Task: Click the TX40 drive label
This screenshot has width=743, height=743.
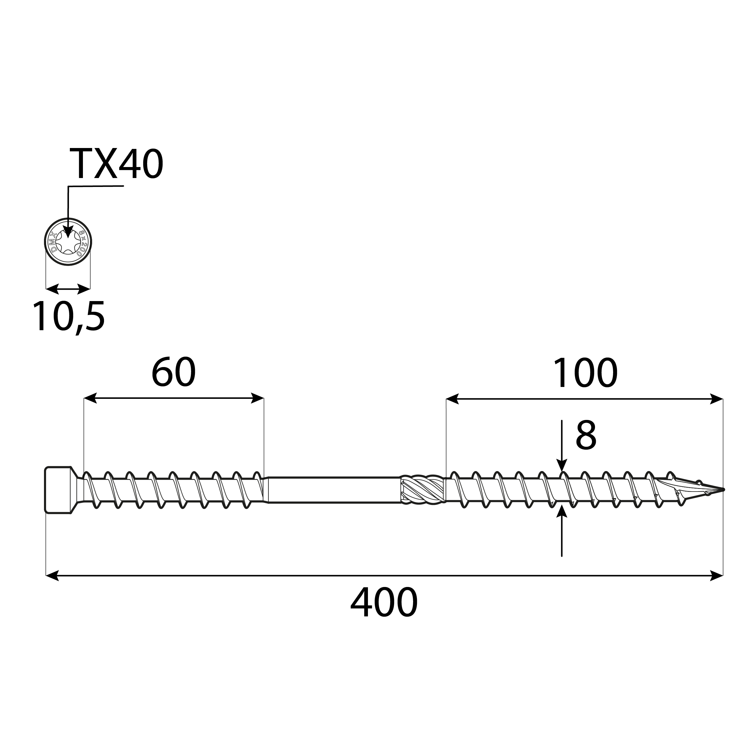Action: [x=116, y=165]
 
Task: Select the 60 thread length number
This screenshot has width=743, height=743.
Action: [x=174, y=373]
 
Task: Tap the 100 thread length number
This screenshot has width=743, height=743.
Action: [x=585, y=373]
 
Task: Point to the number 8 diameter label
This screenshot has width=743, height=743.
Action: [x=586, y=436]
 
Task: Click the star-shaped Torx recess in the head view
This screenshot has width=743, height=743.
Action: [x=68, y=242]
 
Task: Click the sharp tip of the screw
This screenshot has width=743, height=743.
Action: [x=722, y=489]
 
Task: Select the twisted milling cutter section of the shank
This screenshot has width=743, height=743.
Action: [x=422, y=489]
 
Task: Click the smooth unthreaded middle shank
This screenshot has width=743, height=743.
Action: [x=334, y=489]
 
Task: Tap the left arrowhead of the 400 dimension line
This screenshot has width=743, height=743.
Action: [x=52, y=576]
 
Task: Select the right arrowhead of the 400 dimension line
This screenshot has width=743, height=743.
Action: [x=717, y=576]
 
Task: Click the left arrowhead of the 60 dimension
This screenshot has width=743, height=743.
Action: [x=90, y=399]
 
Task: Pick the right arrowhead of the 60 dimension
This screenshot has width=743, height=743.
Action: [x=257, y=399]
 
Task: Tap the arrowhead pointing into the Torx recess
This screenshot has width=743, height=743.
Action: [x=68, y=233]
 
